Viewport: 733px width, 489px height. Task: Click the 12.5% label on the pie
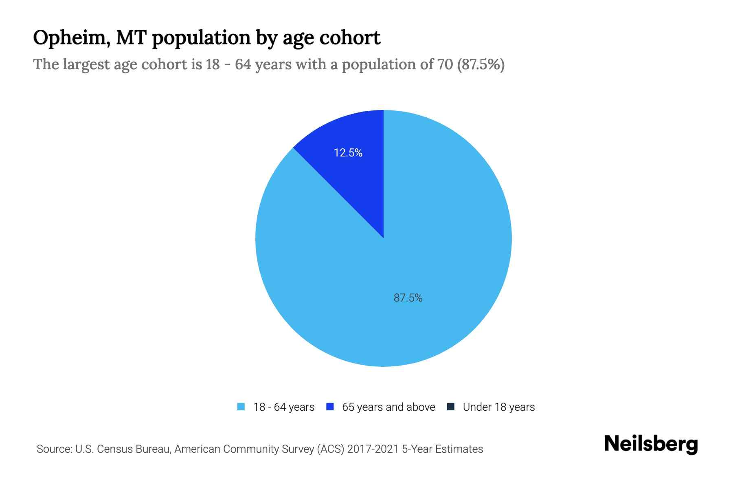point(348,153)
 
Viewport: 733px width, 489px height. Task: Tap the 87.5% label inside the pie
point(408,298)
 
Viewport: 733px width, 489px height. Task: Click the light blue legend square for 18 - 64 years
point(241,407)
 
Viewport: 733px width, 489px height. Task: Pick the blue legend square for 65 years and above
point(330,407)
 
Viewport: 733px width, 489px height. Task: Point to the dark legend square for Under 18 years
point(451,407)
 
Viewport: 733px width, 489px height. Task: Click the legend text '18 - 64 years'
point(284,407)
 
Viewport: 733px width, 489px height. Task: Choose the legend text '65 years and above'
point(388,407)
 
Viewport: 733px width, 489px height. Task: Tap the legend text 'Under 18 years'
point(499,407)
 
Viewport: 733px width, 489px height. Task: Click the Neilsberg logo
point(651,444)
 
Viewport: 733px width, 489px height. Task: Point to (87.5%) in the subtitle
point(481,64)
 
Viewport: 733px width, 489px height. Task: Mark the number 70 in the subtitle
point(445,64)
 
